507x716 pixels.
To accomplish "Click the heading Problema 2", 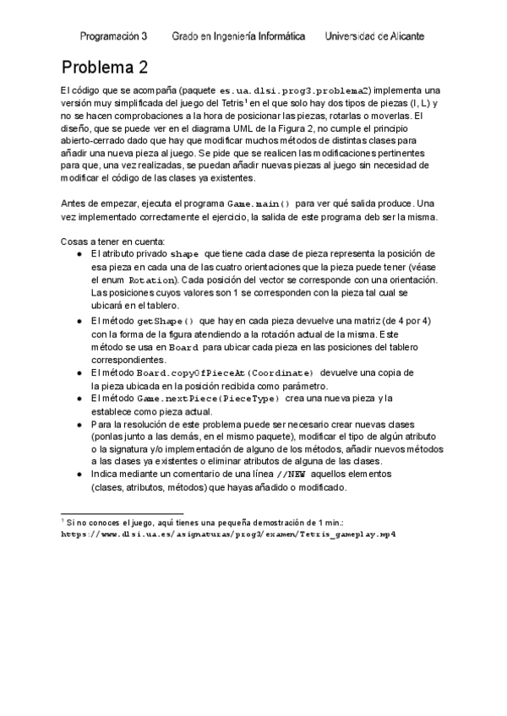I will tap(106, 67).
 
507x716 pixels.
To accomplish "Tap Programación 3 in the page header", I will tap(113, 36).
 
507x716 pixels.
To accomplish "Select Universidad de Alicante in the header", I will tap(374, 36).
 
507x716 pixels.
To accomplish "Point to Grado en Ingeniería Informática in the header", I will tap(238, 36).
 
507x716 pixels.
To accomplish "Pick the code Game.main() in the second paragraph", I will tap(259, 204).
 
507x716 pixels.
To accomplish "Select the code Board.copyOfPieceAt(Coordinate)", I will tap(225, 372).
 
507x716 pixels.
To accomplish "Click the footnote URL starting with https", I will tap(229, 534).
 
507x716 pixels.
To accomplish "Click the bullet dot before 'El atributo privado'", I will tap(79, 253).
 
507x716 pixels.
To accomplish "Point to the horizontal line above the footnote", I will tap(111, 513).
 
